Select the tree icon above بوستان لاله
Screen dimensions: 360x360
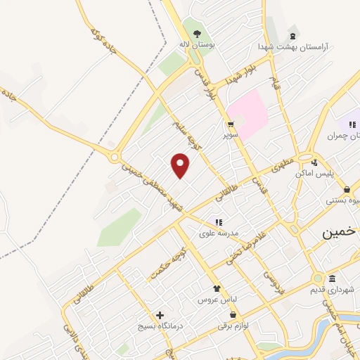click(198, 33)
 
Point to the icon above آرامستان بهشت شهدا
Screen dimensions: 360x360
click(292, 36)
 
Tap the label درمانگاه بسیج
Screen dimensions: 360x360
click(161, 327)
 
